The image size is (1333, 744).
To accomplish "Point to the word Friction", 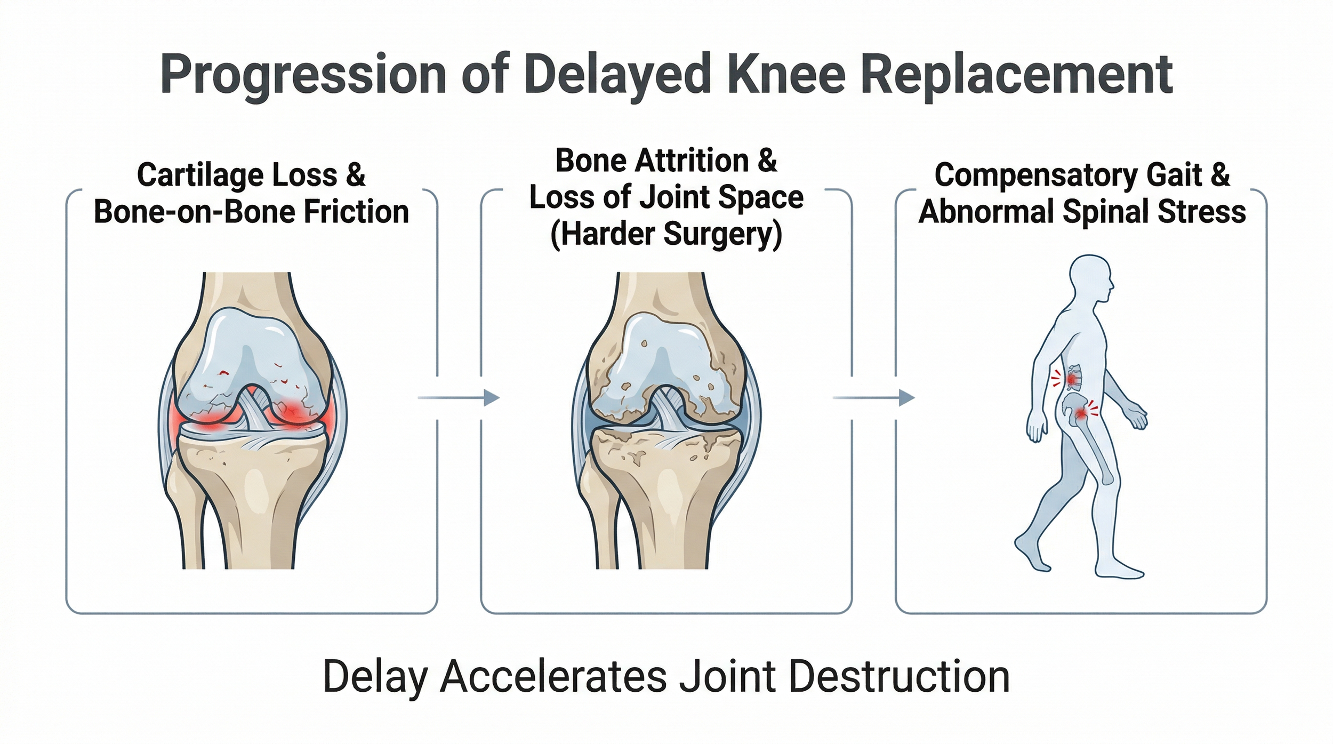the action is [356, 212].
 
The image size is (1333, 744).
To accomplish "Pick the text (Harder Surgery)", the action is [666, 235].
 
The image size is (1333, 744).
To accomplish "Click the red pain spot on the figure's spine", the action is [1072, 379].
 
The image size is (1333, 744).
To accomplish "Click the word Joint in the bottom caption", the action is [727, 676].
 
